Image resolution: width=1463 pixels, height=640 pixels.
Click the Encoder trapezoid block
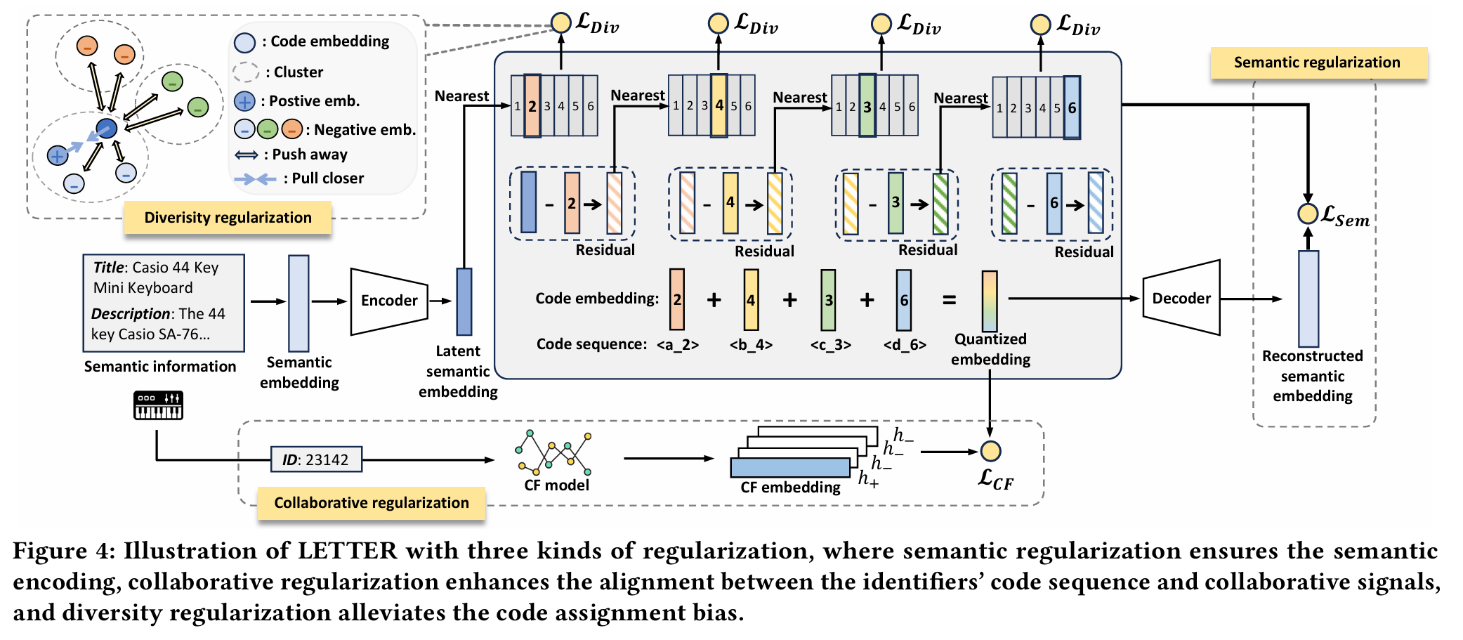[389, 301]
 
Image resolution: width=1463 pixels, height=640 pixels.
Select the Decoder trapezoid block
[1181, 299]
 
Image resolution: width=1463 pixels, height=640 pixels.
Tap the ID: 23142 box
[316, 459]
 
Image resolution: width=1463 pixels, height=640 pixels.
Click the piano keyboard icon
[158, 405]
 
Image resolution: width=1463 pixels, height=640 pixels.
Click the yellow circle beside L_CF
[990, 451]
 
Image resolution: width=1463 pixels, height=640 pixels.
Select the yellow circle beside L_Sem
[1307, 214]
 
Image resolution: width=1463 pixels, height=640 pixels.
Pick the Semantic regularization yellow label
[1318, 63]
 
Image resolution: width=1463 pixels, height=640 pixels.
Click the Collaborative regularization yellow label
[371, 503]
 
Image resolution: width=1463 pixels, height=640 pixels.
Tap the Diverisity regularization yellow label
[228, 218]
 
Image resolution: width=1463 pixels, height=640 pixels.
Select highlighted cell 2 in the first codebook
[532, 106]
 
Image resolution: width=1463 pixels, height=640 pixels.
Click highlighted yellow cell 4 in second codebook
[719, 105]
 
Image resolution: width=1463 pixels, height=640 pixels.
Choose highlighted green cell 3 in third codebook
[867, 106]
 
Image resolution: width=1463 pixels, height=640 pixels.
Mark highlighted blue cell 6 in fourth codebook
[1072, 108]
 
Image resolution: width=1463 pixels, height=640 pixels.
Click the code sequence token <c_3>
[830, 345]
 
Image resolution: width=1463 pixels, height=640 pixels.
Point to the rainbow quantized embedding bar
[989, 301]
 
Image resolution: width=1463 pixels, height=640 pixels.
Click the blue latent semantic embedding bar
[464, 301]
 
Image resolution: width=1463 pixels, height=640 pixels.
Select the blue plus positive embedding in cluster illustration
[58, 155]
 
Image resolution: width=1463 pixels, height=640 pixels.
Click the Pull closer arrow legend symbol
[255, 179]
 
